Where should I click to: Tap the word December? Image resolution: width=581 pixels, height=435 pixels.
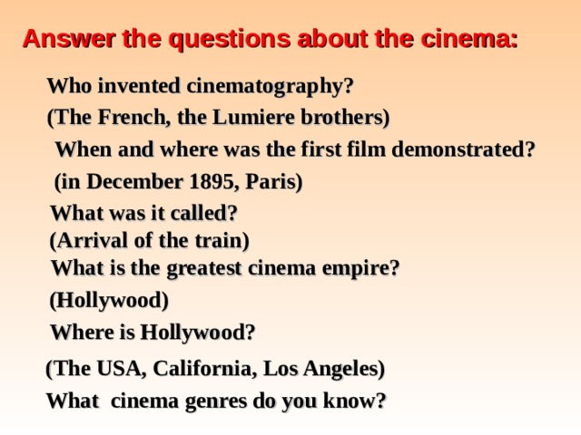[x=131, y=182]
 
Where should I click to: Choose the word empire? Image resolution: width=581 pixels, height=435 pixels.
[x=359, y=269]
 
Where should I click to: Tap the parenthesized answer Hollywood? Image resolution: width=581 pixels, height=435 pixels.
[x=109, y=300]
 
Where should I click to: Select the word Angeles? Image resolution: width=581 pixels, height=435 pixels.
[x=344, y=370]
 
